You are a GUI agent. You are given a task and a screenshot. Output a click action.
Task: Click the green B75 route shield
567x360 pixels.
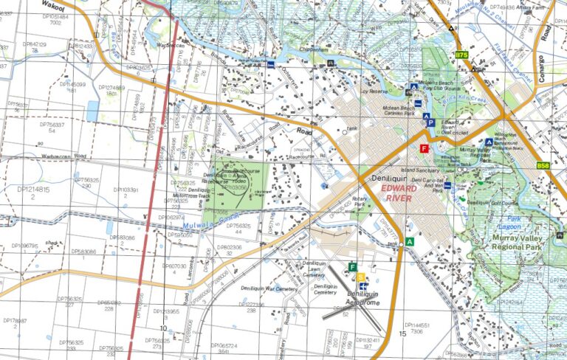coord(462,55)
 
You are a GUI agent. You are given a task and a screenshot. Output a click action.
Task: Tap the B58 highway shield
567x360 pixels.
coord(543,166)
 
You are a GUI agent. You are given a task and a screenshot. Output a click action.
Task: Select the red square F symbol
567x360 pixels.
coord(424,148)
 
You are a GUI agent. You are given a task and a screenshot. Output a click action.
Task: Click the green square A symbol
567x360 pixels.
coord(410,241)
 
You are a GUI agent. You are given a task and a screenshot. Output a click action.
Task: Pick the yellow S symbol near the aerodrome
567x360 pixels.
coord(360,277)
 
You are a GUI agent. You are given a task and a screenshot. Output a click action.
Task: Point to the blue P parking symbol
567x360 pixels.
coord(430,123)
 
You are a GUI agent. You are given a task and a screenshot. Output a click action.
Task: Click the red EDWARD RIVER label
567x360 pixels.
coord(403,193)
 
